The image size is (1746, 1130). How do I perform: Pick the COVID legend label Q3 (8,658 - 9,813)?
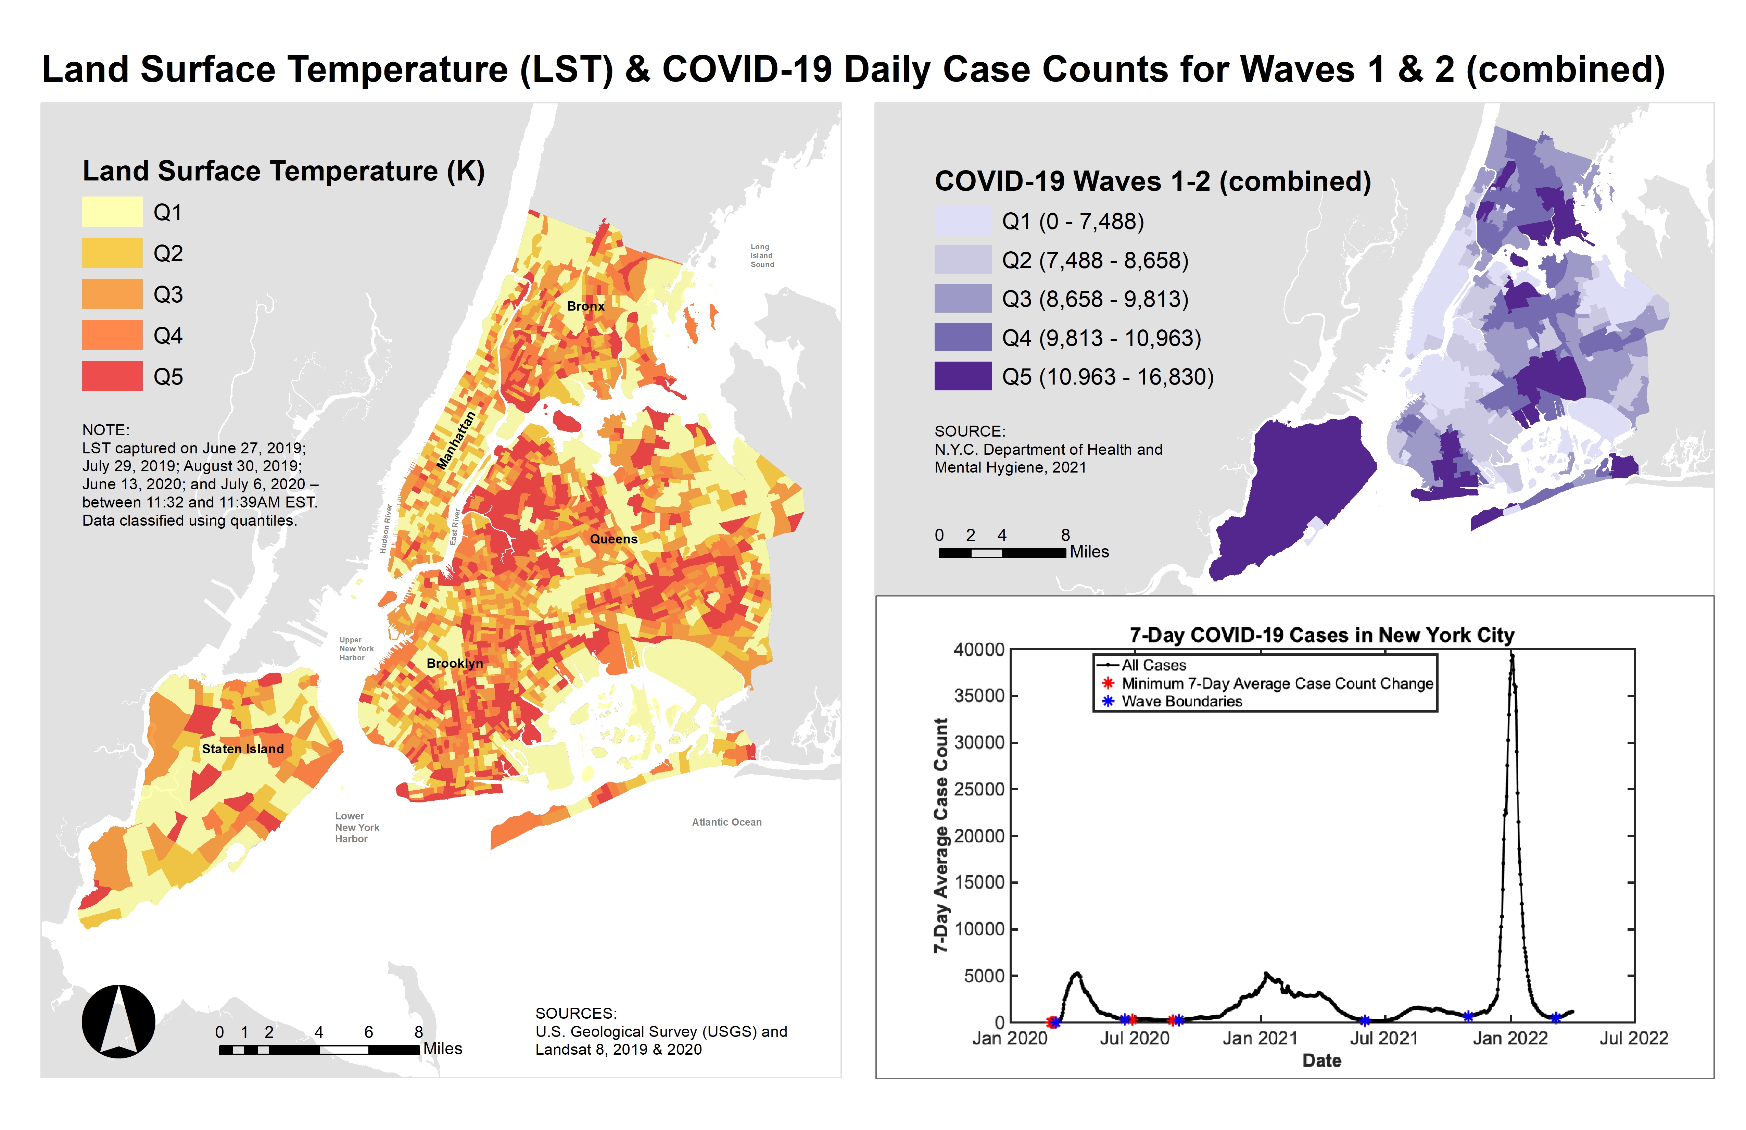[x=1095, y=299]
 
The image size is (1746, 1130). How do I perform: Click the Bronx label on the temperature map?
[x=585, y=306]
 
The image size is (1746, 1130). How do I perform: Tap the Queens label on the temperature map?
[x=613, y=539]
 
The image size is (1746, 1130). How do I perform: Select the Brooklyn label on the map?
[x=455, y=663]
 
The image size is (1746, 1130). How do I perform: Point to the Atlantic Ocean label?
[x=726, y=822]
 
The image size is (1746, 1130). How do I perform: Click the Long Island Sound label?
[x=761, y=255]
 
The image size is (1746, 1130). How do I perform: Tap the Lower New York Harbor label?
[x=356, y=827]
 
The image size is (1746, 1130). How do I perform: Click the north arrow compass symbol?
[x=118, y=1021]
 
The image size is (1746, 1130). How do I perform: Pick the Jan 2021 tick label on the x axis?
[x=1260, y=1038]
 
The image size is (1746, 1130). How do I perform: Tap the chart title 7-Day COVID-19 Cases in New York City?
[x=1321, y=635]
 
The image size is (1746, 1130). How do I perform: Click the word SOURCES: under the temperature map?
[x=576, y=1013]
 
